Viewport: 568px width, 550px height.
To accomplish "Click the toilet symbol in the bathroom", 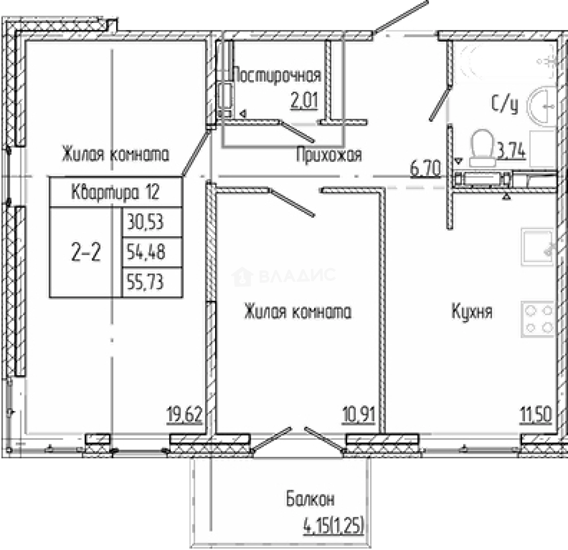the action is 482,148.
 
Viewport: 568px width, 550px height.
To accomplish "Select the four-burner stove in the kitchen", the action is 538,319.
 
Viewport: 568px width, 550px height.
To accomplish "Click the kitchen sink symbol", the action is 538,247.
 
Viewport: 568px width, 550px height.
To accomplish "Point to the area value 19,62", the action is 184,415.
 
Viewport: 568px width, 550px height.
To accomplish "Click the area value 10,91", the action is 358,415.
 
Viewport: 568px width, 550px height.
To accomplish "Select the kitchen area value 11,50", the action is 536,415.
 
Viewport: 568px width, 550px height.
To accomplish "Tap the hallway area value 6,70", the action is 426,169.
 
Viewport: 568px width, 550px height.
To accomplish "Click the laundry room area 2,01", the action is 304,101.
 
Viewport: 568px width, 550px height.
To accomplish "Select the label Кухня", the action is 472,312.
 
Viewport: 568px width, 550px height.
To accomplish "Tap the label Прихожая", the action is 329,155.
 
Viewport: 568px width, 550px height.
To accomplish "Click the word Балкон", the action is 310,500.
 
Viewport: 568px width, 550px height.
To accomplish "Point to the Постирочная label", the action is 276,75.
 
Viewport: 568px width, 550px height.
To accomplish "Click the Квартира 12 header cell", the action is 116,192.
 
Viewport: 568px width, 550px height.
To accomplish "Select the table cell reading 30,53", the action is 152,222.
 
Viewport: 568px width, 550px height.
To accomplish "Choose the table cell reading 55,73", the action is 152,283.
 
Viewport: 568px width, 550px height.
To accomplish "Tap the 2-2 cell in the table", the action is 86,252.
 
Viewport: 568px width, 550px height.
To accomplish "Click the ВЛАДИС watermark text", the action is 297,276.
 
